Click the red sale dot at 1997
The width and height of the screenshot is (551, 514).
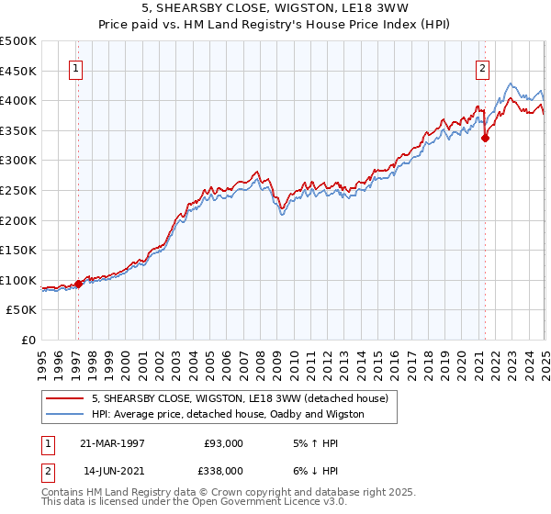point(78,284)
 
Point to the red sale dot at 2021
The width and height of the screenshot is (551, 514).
point(485,139)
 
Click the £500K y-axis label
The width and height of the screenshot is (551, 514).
point(18,41)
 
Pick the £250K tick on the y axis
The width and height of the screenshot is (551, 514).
point(18,190)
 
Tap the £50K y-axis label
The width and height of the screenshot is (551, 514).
point(22,310)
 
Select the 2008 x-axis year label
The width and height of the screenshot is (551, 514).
point(260,359)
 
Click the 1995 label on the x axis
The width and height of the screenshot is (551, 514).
point(42,359)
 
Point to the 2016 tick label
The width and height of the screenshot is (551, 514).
point(394,359)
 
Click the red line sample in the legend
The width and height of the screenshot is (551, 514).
point(65,398)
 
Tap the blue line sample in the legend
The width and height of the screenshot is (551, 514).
point(65,414)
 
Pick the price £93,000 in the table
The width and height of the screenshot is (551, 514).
point(224,443)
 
